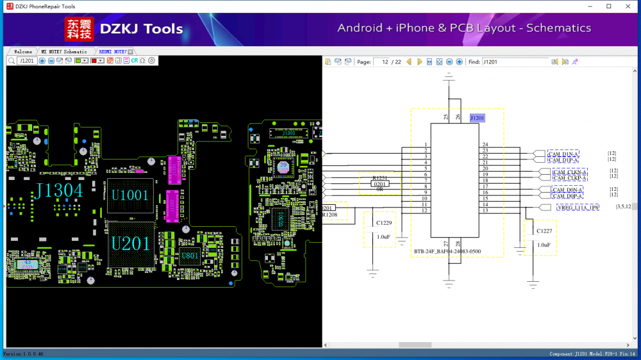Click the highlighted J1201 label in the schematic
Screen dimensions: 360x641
pyautogui.click(x=477, y=118)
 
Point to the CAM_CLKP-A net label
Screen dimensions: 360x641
pyautogui.click(x=570, y=178)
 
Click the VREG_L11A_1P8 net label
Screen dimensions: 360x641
pyautogui.click(x=578, y=208)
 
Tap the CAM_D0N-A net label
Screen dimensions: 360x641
pyautogui.click(x=567, y=190)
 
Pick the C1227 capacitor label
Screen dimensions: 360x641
pyautogui.click(x=545, y=231)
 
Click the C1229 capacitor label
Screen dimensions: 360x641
pyautogui.click(x=384, y=223)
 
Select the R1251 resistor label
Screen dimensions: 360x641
pyautogui.click(x=380, y=177)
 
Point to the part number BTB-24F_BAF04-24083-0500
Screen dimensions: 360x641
pyautogui.click(x=447, y=251)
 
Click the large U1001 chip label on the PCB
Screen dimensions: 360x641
pyautogui.click(x=129, y=194)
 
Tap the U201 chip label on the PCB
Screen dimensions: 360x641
pyautogui.click(x=131, y=243)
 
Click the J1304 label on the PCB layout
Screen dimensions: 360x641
pyautogui.click(x=59, y=191)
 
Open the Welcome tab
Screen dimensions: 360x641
pyautogui.click(x=23, y=51)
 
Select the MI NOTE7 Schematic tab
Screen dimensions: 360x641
pyautogui.click(x=64, y=51)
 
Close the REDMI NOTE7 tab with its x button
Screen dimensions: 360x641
pyautogui.click(x=131, y=51)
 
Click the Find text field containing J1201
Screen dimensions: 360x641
pyautogui.click(x=515, y=62)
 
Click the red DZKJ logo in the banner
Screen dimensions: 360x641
pyautogui.click(x=79, y=29)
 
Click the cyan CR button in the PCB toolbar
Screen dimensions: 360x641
pyautogui.click(x=135, y=61)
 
